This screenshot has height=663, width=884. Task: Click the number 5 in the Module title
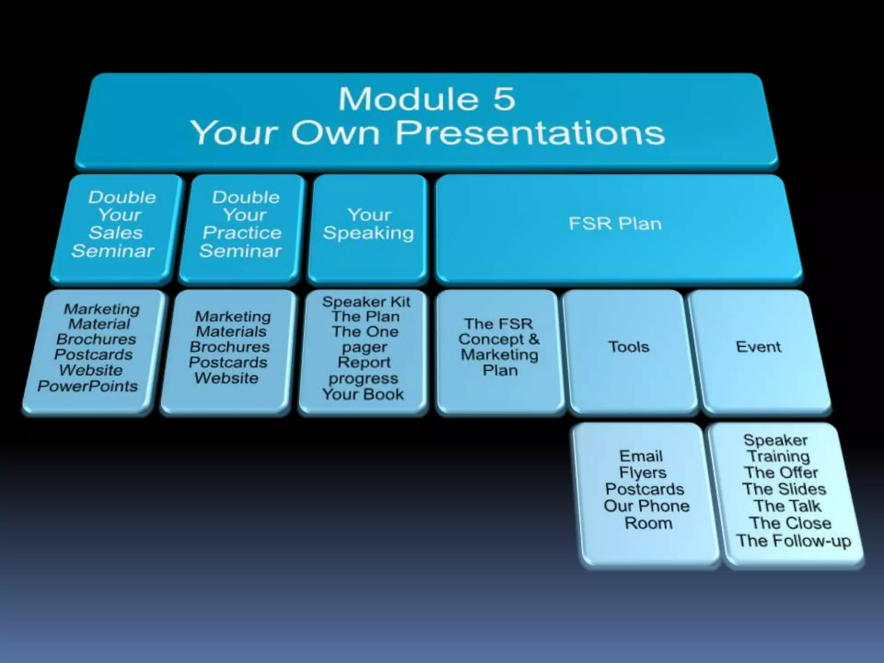pos(504,99)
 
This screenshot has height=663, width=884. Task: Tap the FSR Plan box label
pos(615,224)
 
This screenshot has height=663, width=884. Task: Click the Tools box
pos(628,347)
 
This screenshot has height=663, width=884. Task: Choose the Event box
pos(758,347)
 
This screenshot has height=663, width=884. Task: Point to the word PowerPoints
pos(88,386)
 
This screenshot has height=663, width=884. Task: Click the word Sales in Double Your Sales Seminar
pos(116,233)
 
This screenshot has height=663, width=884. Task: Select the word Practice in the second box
pos(242,233)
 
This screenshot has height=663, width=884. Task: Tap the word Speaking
pos(368,233)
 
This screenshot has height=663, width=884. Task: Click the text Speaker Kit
pos(366,302)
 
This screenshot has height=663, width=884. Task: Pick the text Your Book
pos(363,394)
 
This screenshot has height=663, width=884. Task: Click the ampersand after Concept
pos(534,339)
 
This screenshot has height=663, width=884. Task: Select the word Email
pos(641,456)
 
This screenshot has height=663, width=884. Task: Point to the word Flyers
pos(643,473)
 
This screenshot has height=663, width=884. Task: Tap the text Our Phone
pos(647,506)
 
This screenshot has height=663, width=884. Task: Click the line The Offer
pos(781,473)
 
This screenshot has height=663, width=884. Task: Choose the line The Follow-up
pos(793,540)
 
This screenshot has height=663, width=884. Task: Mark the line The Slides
pos(784,489)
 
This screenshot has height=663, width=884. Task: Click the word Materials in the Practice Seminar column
pos(231,331)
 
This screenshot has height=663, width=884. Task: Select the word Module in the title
pos(408,99)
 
